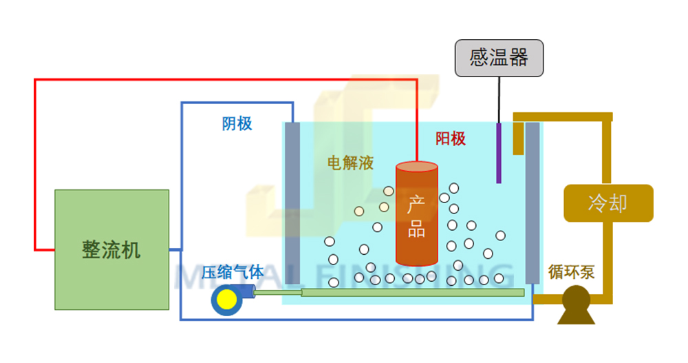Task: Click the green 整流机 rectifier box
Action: [x=111, y=249]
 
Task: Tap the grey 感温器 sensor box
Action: [x=499, y=58]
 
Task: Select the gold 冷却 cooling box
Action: [x=608, y=203]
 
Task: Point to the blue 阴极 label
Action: [x=237, y=123]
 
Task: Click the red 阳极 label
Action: [x=451, y=138]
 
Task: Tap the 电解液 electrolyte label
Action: [x=350, y=163]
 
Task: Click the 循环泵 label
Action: [x=571, y=272]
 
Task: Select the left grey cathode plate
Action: [x=292, y=203]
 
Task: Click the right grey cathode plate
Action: [x=533, y=203]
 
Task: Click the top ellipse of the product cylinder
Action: [x=416, y=167]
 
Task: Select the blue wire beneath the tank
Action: [x=358, y=319]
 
